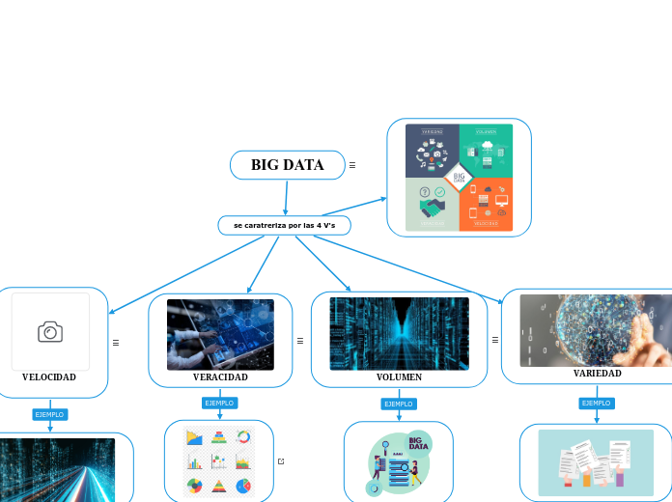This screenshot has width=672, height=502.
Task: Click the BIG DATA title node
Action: click(x=287, y=165)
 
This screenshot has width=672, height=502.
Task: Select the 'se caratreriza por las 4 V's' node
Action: click(x=284, y=225)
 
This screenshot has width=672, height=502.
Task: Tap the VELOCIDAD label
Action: click(x=49, y=376)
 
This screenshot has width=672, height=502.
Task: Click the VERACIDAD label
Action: click(x=220, y=376)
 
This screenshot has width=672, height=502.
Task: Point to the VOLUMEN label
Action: click(x=399, y=376)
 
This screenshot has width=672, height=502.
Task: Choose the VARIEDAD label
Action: click(x=597, y=373)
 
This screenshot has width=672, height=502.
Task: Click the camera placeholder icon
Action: click(x=50, y=332)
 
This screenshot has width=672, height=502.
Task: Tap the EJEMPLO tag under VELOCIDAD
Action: click(x=49, y=414)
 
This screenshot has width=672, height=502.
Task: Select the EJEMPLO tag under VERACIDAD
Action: click(x=219, y=403)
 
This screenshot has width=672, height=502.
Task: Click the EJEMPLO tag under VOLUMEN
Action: click(x=398, y=404)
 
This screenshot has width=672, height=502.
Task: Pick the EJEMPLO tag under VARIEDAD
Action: click(x=596, y=403)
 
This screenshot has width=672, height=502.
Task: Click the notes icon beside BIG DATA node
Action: click(x=352, y=165)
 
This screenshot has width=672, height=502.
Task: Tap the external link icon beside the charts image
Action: click(x=281, y=461)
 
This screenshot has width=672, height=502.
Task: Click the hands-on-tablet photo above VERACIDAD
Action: click(x=220, y=333)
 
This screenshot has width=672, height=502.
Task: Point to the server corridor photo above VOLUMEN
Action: click(x=399, y=333)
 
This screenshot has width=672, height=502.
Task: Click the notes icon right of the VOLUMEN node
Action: click(x=495, y=340)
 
